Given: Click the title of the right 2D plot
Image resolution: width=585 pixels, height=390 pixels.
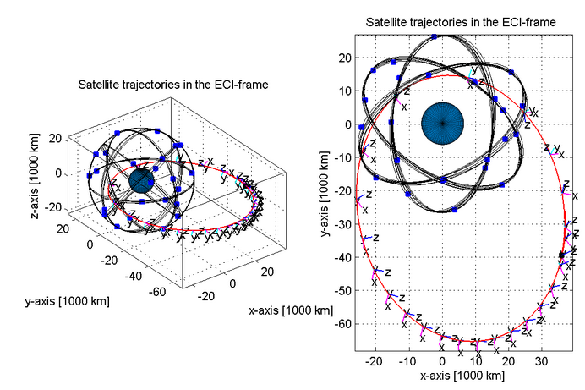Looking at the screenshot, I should (x=460, y=22).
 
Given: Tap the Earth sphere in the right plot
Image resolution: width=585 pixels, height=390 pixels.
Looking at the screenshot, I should (x=441, y=124).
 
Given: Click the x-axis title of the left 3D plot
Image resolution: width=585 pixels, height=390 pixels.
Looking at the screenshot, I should (x=290, y=311).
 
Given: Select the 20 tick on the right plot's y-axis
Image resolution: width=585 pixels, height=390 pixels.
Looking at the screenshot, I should (x=345, y=58).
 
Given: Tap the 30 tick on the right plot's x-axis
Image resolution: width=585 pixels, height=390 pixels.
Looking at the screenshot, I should (x=542, y=360).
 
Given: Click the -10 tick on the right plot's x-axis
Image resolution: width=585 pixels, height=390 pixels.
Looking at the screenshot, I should (x=408, y=360).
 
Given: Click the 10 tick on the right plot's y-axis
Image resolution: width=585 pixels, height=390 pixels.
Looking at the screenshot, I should (x=345, y=91).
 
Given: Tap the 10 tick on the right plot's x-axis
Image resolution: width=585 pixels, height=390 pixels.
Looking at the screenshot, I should (x=475, y=360).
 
